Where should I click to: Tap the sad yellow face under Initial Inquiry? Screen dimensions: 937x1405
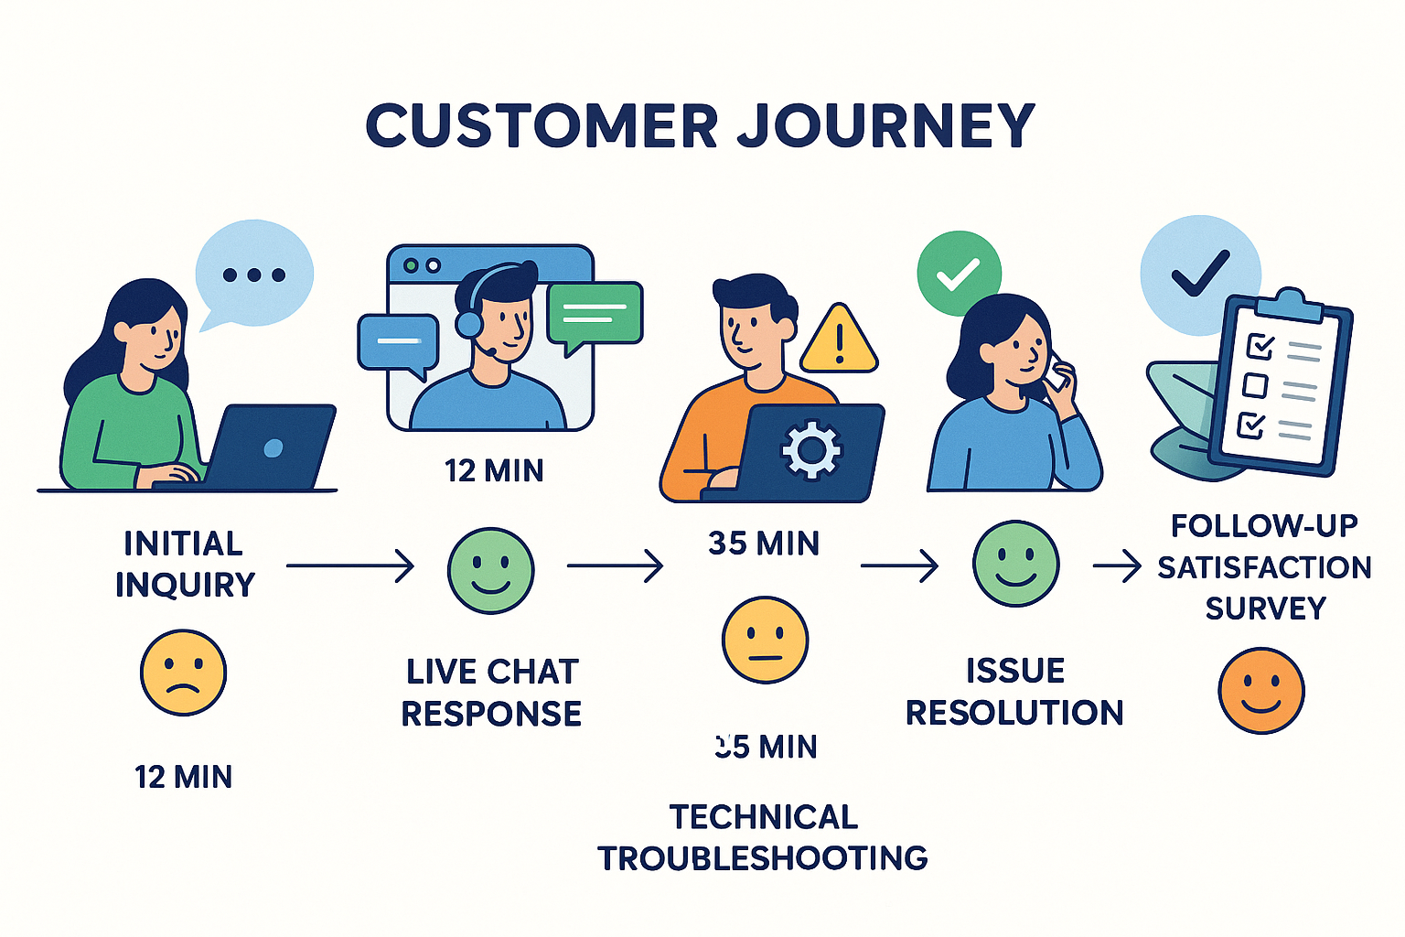coord(183,673)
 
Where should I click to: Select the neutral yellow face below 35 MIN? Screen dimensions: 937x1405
coord(765,641)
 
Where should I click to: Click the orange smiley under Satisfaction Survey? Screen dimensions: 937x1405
coord(1261,691)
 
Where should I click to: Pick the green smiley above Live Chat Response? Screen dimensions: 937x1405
coord(490,571)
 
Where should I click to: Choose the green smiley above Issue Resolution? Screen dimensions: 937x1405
coord(1015,564)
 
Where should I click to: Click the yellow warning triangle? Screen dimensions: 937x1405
coord(839,341)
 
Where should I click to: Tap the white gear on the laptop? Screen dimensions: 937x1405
coord(810,449)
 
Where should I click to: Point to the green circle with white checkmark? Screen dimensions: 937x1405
coord(959,274)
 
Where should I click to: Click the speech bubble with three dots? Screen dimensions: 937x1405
coord(254,273)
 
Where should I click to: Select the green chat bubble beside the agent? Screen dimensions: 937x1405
coord(595,314)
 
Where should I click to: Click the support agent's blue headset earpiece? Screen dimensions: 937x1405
coord(468,323)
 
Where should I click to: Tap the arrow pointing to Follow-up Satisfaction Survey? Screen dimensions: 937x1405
coord(1117,566)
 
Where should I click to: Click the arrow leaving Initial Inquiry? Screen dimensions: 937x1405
coord(350,566)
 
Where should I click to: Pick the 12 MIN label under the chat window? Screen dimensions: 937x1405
coord(494,471)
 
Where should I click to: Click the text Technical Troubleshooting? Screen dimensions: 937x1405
coord(763,837)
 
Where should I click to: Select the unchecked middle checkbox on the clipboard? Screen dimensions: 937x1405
coord(1255,385)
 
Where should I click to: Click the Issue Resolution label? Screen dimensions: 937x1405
coord(1014,692)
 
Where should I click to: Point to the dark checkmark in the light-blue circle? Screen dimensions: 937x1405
coord(1200,273)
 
